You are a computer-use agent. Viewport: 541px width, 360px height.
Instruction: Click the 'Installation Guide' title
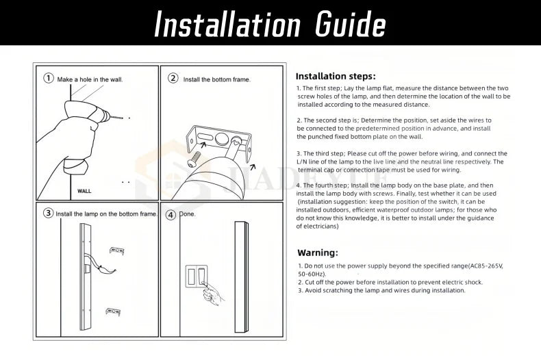tap(270, 25)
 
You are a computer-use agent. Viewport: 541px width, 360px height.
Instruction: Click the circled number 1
tap(49, 78)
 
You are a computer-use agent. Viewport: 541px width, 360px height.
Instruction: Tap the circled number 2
tap(173, 78)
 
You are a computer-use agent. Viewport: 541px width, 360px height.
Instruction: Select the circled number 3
tap(49, 213)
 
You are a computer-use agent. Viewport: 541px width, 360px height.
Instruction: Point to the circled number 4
tap(171, 214)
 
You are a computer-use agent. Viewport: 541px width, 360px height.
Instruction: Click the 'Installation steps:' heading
tap(335, 76)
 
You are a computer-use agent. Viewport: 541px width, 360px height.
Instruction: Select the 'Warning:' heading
tap(318, 252)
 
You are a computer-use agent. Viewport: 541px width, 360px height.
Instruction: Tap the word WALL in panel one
tap(84, 190)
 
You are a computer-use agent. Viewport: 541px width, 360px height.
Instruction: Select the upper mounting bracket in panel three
tap(116, 250)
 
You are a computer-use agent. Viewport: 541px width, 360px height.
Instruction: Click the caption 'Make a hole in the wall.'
tap(90, 79)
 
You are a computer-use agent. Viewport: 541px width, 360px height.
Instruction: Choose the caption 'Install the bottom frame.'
tap(216, 79)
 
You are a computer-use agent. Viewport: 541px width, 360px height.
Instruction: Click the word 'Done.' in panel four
tap(188, 214)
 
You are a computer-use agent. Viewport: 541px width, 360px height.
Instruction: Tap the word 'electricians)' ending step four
tap(317, 226)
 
